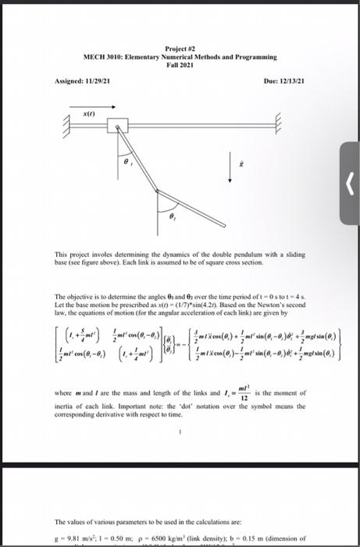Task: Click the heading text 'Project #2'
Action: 180,48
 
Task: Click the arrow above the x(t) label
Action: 89,98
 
